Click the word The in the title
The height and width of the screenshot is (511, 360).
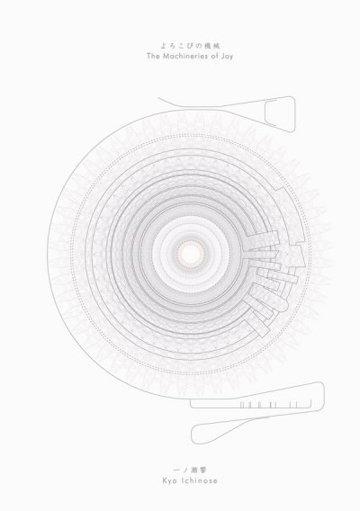153,56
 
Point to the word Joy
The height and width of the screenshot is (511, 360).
226,57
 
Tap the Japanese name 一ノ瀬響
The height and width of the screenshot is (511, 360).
190,470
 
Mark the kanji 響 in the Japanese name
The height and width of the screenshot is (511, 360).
203,470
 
